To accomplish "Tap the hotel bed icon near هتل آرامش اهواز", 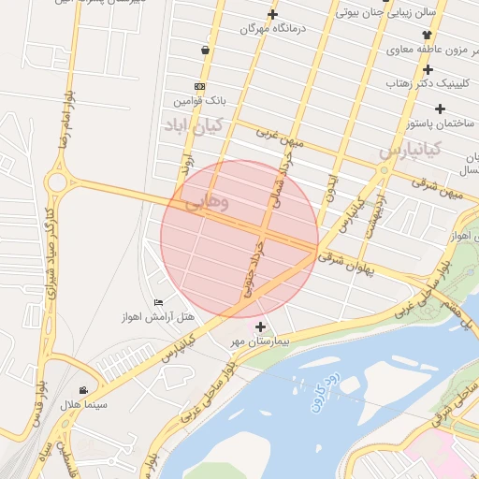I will tap(158, 301).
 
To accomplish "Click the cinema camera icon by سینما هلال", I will tap(84, 390).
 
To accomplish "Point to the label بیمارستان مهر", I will tap(261, 341).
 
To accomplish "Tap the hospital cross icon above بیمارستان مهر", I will tap(260, 327).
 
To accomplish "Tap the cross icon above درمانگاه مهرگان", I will tap(272, 14).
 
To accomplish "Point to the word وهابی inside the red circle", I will tap(207, 202).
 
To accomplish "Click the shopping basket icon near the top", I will tap(205, 50).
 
